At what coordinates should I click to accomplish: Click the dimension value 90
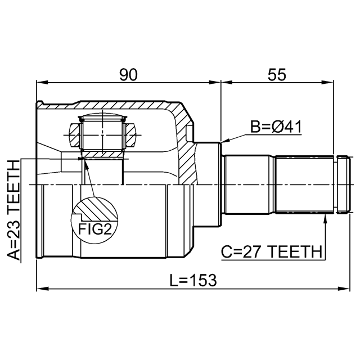click(128, 75)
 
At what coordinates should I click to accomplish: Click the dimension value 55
click(277, 75)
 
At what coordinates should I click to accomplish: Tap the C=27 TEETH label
click(271, 252)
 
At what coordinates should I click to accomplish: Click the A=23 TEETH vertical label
click(13, 210)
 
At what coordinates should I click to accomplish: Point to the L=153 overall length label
click(193, 280)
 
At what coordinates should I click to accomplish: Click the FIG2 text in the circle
click(95, 229)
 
